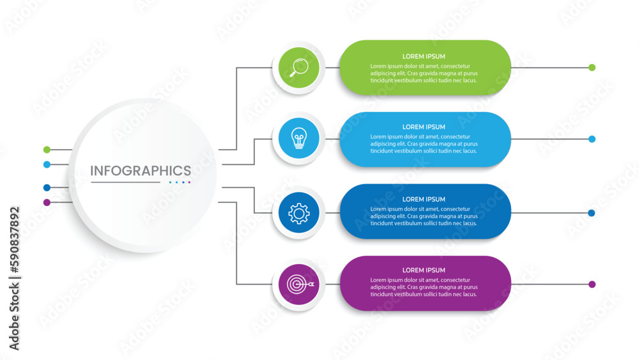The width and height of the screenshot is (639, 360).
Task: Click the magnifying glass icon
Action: pos(299,67)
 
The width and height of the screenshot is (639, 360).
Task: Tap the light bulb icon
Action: pos(299,139)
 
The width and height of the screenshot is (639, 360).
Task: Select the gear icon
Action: pos(299,213)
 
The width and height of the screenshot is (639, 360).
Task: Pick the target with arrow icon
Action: pos(299,284)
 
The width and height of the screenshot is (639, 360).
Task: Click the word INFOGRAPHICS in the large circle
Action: pos(141,171)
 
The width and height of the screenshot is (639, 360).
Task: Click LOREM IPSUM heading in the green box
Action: pos(424,56)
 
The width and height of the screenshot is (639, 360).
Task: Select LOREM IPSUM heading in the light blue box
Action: pos(424,127)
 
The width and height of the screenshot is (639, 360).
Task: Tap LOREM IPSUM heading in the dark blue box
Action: pos(424,200)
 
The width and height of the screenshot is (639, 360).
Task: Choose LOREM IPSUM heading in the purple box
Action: pos(424,270)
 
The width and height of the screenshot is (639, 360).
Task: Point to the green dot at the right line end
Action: pos(592,67)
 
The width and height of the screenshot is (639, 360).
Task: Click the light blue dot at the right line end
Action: pos(592,139)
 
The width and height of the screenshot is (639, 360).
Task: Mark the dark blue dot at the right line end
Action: pos(592,213)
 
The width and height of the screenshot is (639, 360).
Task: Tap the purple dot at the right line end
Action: pos(592,284)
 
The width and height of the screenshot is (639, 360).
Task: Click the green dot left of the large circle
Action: pos(47,150)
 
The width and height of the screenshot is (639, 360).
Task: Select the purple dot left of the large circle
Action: pos(47,202)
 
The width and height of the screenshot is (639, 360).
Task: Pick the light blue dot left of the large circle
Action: pos(47,164)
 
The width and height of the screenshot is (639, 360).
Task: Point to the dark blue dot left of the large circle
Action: pos(47,187)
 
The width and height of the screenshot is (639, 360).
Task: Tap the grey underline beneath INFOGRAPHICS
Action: pos(125,182)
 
